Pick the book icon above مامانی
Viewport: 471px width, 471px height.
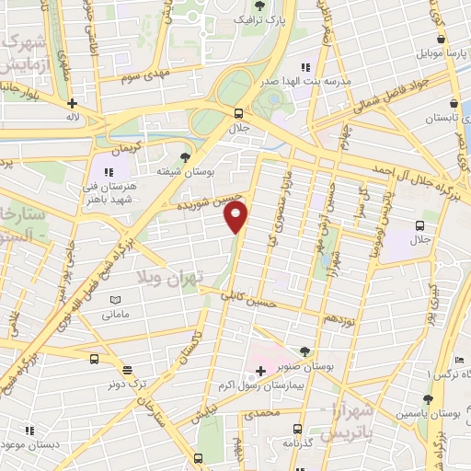[115, 300]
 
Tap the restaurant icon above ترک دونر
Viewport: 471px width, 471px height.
[126, 370]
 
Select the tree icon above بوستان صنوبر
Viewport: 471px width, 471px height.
[304, 350]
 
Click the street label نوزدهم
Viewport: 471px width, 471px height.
[337, 316]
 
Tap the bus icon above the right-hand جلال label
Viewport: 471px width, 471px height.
[419, 224]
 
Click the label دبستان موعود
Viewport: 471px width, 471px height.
[38, 444]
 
